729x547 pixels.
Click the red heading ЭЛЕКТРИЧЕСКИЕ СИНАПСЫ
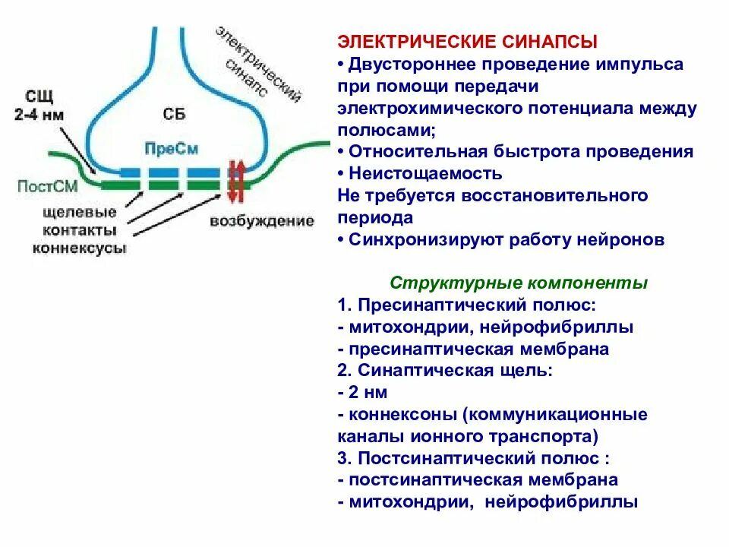[x=467, y=41]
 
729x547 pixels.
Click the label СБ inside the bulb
[x=174, y=115]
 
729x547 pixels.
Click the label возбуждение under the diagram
[x=262, y=221]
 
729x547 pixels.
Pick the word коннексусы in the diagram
[x=80, y=248]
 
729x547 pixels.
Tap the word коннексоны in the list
[x=400, y=415]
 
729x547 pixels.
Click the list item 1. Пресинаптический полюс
[x=467, y=305]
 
